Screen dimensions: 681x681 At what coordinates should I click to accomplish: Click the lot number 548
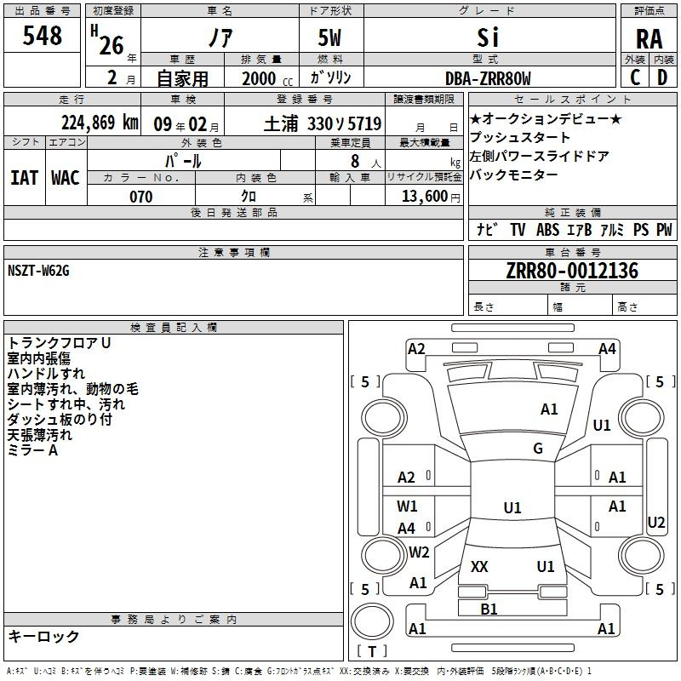click(x=43, y=37)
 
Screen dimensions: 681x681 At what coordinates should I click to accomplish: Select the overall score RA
click(x=649, y=38)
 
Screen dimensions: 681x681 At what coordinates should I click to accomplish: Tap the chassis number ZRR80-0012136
click(x=572, y=272)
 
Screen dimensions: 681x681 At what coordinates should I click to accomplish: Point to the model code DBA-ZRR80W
click(x=488, y=79)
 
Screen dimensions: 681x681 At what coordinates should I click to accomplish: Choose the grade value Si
click(x=488, y=37)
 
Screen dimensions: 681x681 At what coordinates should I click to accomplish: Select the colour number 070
click(x=141, y=197)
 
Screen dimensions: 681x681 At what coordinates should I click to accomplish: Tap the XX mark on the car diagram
click(x=479, y=566)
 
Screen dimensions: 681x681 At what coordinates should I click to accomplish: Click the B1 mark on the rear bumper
click(x=489, y=609)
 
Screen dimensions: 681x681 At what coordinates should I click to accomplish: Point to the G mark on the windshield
click(x=537, y=449)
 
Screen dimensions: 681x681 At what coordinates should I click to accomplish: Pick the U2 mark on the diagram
click(x=656, y=523)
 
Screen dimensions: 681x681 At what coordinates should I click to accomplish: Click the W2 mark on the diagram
click(x=419, y=552)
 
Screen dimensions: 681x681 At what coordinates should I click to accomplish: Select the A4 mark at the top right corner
click(x=607, y=348)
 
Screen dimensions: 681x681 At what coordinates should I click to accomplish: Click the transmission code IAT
click(x=24, y=178)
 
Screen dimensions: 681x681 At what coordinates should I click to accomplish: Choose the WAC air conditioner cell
click(x=66, y=178)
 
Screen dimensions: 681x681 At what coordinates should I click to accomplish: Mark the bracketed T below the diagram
click(x=372, y=651)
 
